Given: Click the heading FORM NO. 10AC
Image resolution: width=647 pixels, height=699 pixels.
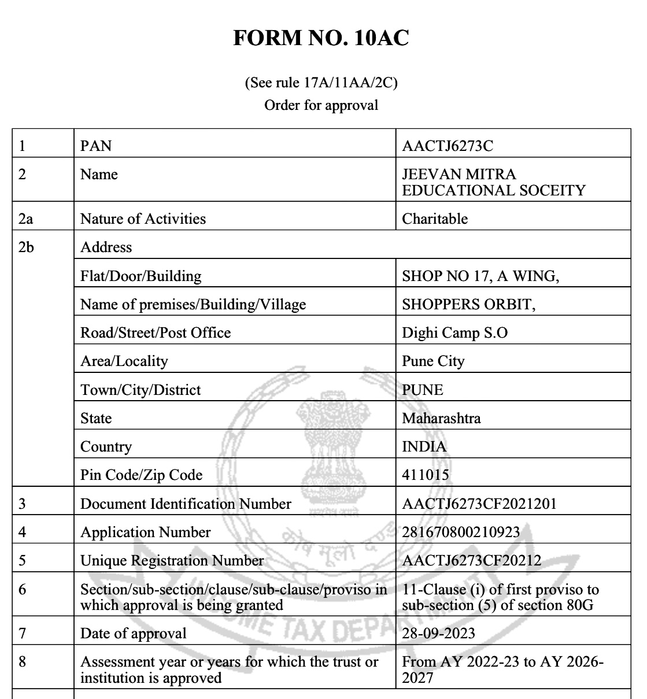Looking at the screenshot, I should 321,38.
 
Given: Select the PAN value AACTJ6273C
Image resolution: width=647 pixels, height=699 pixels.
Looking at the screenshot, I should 448,146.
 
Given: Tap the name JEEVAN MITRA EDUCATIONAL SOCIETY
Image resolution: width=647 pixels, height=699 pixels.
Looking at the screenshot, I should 493,182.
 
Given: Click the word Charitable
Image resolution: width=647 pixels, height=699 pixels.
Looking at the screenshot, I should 435,219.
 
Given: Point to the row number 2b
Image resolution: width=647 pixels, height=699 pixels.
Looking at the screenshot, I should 26,247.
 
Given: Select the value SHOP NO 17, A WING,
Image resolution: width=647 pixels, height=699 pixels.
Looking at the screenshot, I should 480,276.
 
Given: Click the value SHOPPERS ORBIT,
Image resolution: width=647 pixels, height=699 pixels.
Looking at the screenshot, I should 468,304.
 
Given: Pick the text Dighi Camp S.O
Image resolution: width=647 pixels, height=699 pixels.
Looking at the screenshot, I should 454,333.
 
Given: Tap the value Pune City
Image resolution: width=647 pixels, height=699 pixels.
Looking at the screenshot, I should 433,361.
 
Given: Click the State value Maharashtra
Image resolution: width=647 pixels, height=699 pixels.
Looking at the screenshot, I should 441,418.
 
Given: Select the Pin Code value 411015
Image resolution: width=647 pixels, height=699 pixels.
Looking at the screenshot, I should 426,475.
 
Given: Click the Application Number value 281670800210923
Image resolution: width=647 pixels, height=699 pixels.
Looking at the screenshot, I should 461,532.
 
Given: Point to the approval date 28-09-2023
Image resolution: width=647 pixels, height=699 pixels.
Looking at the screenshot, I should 438,633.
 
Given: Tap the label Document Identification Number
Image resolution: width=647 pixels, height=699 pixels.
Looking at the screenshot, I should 186,504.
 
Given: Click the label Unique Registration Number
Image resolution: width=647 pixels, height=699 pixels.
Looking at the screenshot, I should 172,560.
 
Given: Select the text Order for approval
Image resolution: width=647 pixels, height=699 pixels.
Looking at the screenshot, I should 321,105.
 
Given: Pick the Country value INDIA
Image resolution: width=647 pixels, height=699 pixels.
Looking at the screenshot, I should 424,446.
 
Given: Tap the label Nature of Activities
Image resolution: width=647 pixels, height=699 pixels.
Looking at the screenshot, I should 143,219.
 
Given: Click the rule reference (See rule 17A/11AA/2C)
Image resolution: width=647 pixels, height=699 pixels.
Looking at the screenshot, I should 321,83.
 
